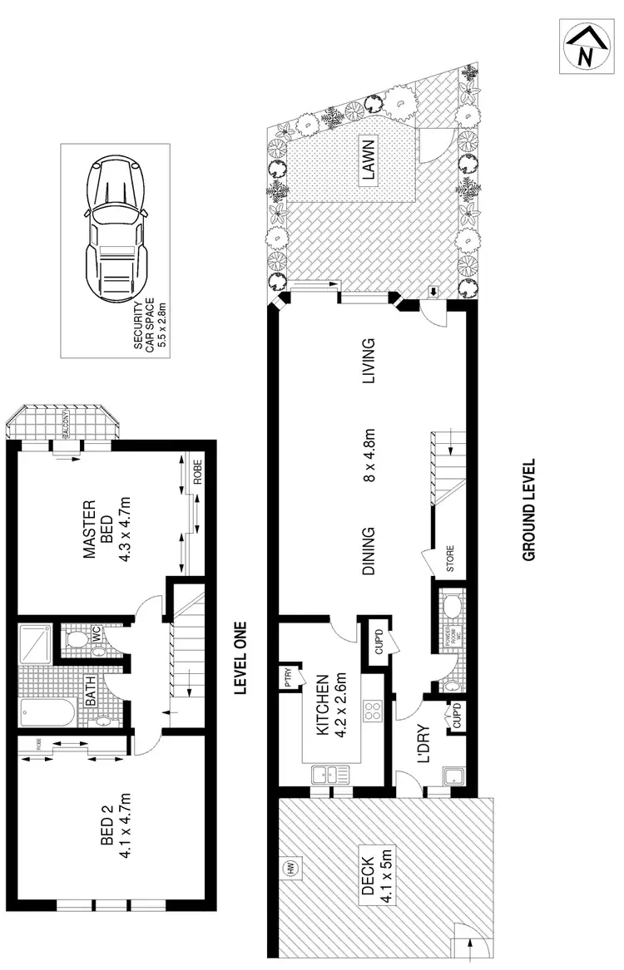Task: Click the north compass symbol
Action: [584, 48]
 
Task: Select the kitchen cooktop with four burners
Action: [371, 712]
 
